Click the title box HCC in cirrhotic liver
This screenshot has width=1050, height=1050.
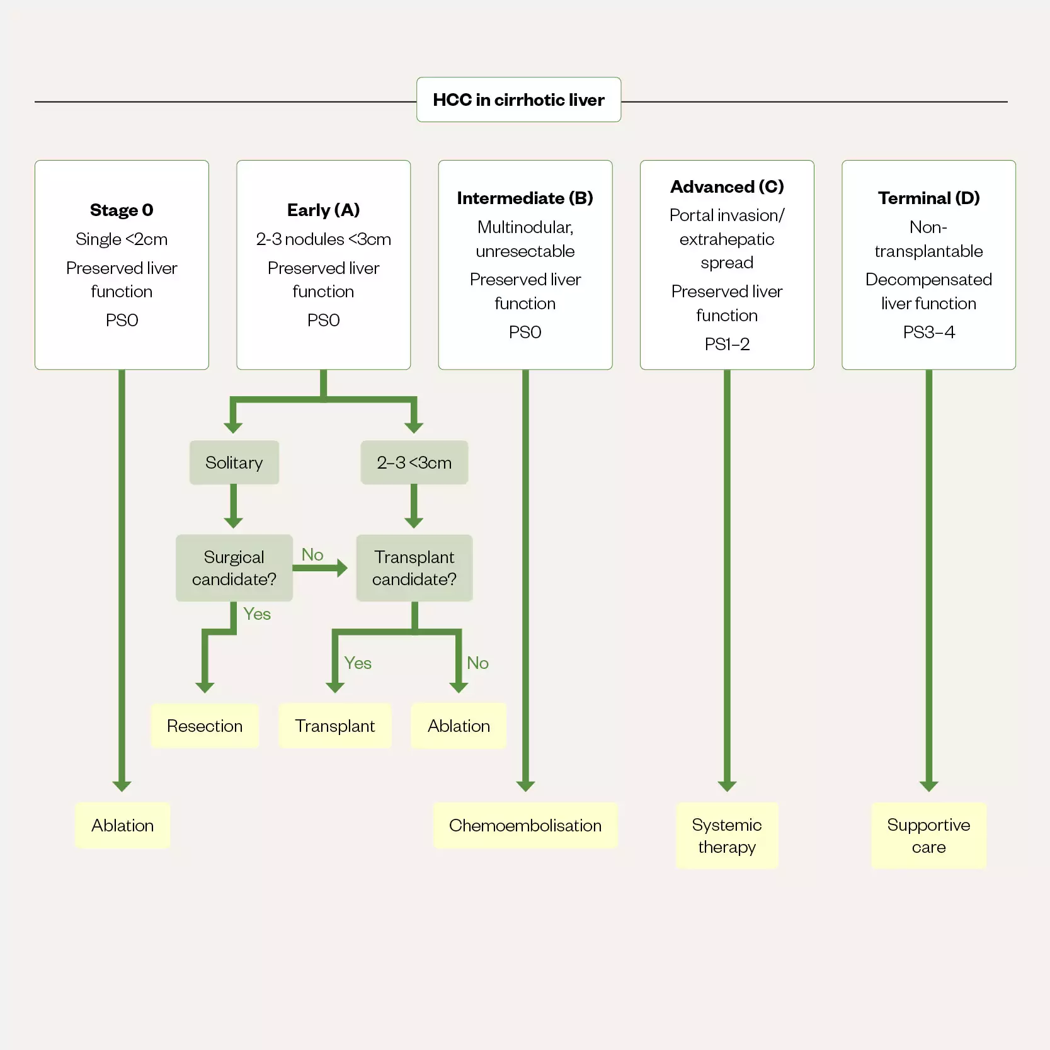coord(518,100)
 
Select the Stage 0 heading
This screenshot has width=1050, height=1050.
coord(122,210)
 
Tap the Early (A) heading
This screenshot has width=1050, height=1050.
coord(323,210)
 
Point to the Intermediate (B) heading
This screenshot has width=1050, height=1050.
coord(525,198)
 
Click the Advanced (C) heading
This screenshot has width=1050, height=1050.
coord(727,186)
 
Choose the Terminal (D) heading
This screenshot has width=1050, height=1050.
coord(928,198)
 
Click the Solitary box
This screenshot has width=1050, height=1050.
coord(234,462)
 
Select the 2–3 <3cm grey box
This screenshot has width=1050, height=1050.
coord(414,462)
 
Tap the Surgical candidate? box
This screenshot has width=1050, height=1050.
coord(234,568)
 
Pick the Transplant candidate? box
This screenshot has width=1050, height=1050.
coord(414,568)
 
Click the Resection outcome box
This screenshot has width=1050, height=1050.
coord(205,726)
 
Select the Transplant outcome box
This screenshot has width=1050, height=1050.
coord(334,726)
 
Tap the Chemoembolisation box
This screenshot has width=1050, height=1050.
coord(525,825)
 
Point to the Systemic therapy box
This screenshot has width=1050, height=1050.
coord(727,835)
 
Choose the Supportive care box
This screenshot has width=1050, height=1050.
coord(928,835)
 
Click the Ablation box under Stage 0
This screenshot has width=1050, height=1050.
coord(122,825)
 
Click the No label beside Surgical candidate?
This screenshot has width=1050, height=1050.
coord(312,554)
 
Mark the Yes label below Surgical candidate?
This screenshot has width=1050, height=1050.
coord(257,613)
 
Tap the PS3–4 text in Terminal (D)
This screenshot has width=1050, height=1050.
coord(928,332)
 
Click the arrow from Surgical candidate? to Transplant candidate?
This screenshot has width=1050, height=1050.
coord(320,568)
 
